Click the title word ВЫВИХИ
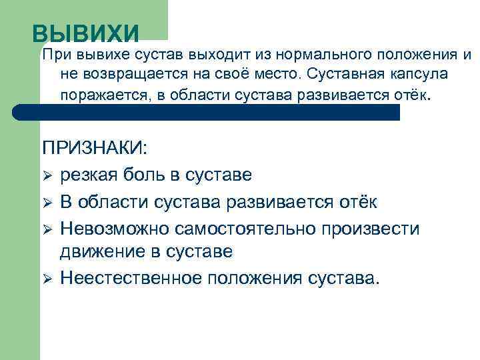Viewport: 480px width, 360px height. (86, 33)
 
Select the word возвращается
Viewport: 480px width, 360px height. (132, 74)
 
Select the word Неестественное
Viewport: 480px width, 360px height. (129, 278)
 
